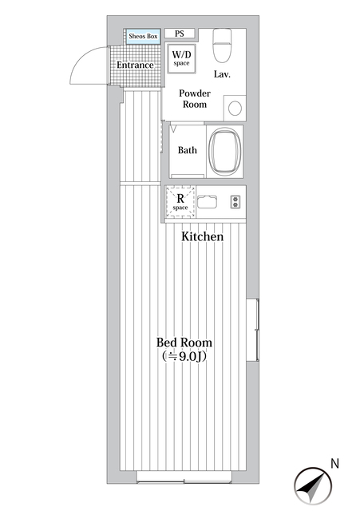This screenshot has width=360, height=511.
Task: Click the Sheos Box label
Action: click(143, 36)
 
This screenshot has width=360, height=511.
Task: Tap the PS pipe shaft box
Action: click(180, 34)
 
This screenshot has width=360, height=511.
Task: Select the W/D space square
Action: click(181, 58)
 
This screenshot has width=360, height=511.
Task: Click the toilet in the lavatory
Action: click(222, 45)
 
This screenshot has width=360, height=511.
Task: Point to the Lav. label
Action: click(222, 74)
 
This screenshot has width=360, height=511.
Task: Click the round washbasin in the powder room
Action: click(235, 109)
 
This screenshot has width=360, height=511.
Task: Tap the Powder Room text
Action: click(195, 99)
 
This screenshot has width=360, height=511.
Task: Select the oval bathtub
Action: click(225, 152)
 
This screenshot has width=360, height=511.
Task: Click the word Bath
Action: click(188, 150)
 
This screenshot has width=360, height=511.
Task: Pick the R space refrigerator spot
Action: click(180, 201)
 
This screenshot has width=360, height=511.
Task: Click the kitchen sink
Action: click(207, 202)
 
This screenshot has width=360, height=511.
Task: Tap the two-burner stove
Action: click(235, 202)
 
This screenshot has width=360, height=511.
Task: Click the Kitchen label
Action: click(202, 236)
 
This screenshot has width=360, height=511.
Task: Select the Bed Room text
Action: click(184, 343)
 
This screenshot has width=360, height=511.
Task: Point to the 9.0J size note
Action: click(184, 357)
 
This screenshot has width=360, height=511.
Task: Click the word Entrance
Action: click(135, 65)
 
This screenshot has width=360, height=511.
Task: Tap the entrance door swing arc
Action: click(81, 57)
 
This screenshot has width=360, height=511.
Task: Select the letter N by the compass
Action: click(335, 463)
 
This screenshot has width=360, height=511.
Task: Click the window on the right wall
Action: click(252, 330)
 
